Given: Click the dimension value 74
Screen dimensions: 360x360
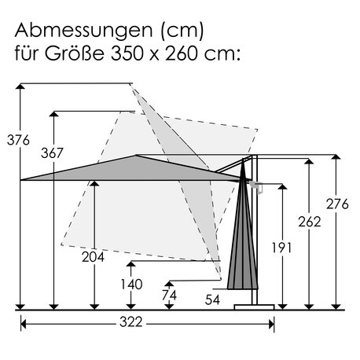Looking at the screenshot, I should pyautogui.click(x=168, y=296).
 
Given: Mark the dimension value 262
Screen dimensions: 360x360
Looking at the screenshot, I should pyautogui.click(x=310, y=222).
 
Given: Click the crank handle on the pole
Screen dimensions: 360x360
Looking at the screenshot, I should pyautogui.click(x=256, y=186).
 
